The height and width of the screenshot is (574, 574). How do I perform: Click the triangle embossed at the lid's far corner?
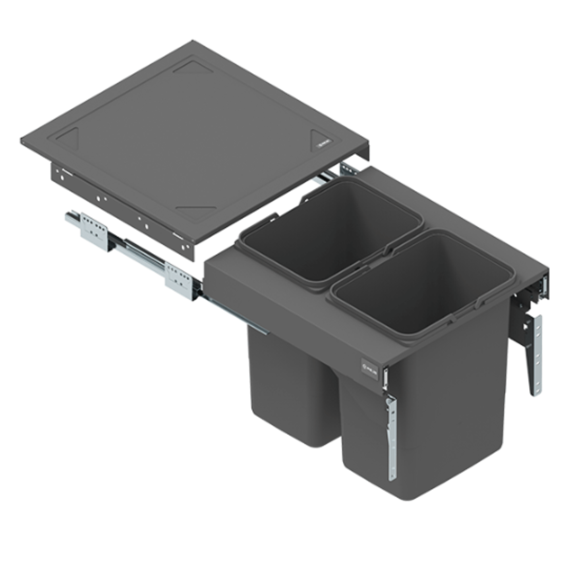[x=193, y=68]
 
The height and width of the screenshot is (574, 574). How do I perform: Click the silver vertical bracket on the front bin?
[x=392, y=437]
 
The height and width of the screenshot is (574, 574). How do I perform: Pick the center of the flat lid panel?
[x=195, y=139]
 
